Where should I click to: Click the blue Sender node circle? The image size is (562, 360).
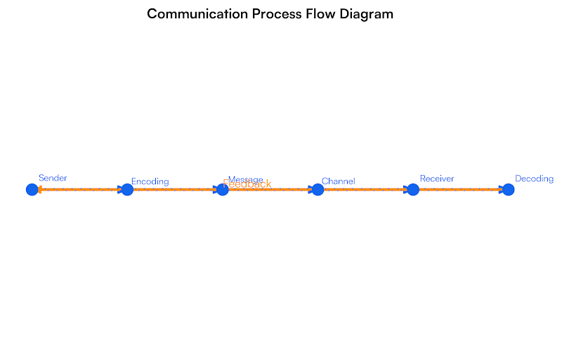[x=32, y=189]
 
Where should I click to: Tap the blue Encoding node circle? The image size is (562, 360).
[x=127, y=189]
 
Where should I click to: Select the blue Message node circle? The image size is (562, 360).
[x=223, y=189]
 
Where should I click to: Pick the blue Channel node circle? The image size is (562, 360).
[x=318, y=189]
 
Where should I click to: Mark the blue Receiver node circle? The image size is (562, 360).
[x=413, y=189]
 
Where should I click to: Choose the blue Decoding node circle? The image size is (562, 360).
[x=508, y=189]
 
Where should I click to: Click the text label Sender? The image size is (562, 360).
[x=53, y=178]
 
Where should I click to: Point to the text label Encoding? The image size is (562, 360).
[x=150, y=181]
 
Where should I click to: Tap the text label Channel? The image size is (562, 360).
[x=338, y=181]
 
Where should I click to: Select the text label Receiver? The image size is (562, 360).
[x=437, y=179]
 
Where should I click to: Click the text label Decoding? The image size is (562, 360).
[x=534, y=179]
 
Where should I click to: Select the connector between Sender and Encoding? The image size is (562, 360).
[x=79, y=189]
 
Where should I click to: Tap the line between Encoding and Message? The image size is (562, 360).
[x=175, y=189]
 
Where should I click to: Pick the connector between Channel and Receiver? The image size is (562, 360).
[x=365, y=189]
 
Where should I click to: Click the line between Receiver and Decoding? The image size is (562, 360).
[x=460, y=189]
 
